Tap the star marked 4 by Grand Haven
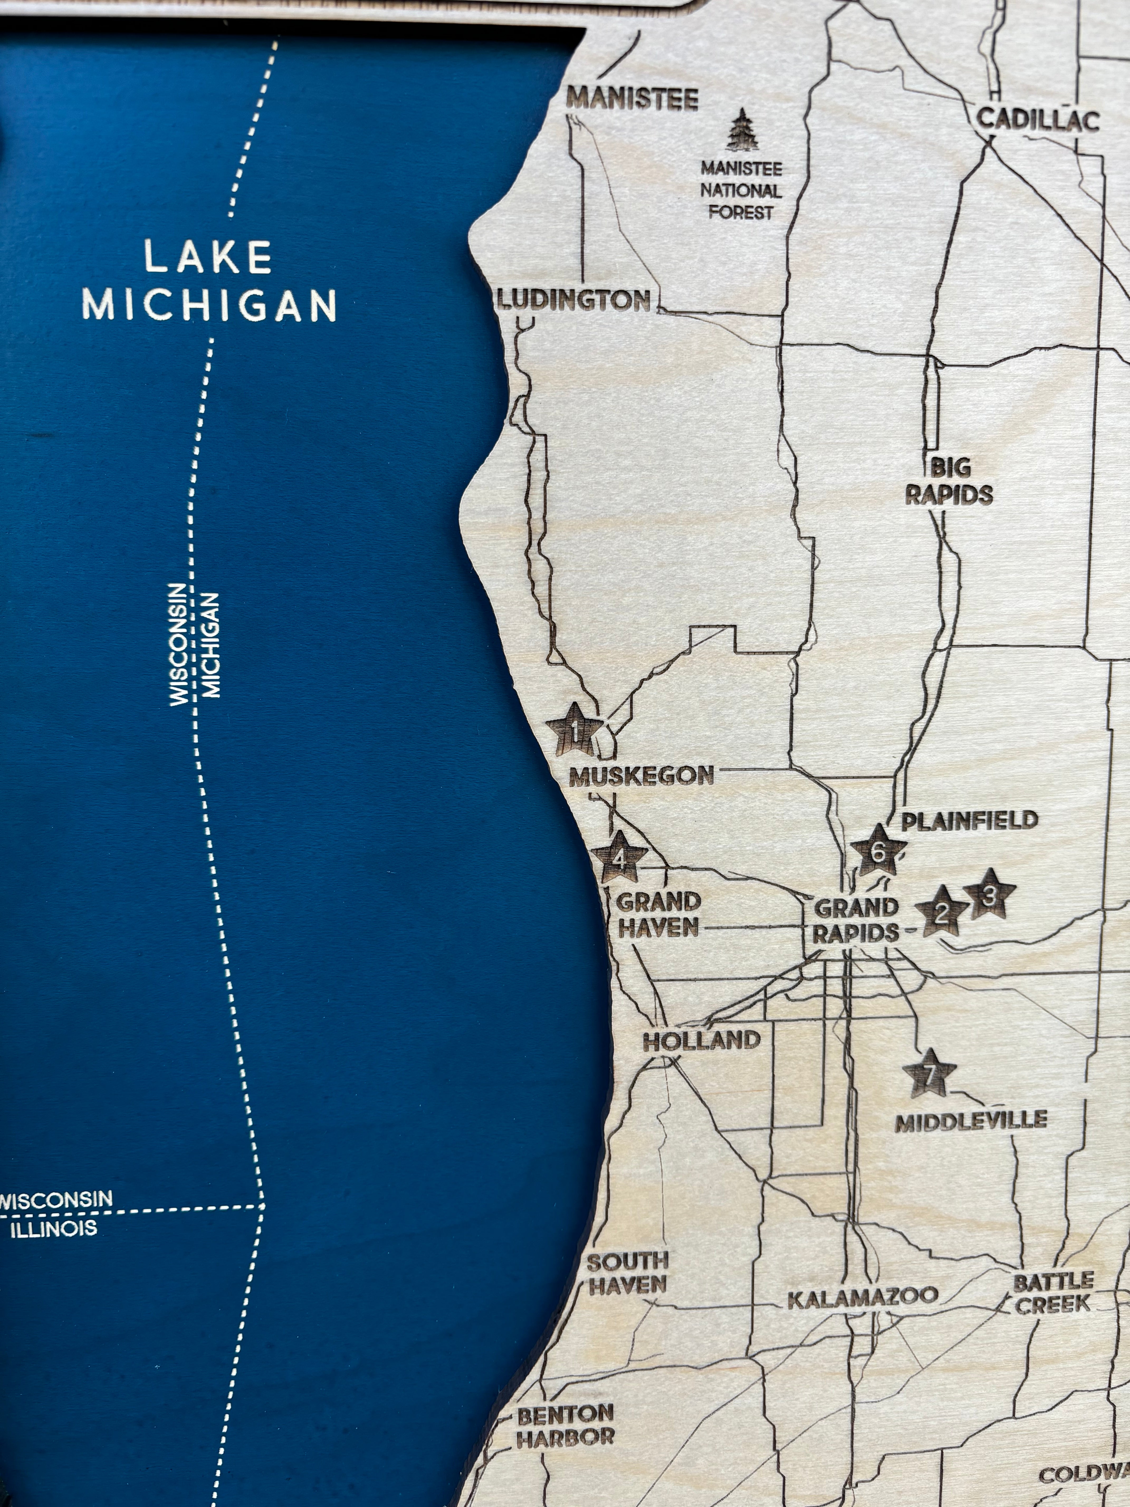619,858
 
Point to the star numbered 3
990,895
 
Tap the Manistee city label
633,99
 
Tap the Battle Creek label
1053,1293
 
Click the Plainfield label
969,819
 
